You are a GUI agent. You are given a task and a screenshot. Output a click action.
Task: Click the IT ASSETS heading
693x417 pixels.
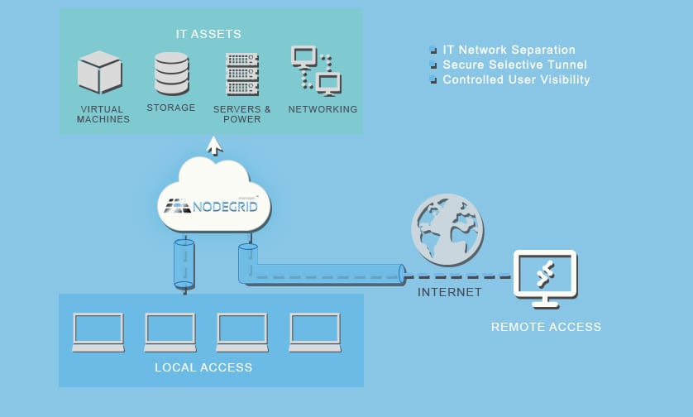click(208, 34)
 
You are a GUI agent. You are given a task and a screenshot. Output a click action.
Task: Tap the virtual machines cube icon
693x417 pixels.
click(100, 73)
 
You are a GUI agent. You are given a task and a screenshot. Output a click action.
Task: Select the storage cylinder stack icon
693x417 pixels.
click(171, 73)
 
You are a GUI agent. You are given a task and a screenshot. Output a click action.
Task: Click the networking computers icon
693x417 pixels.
click(317, 70)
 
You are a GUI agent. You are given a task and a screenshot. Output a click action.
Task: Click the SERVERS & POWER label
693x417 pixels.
click(242, 114)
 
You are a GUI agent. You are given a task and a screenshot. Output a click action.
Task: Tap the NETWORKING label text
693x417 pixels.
click(323, 109)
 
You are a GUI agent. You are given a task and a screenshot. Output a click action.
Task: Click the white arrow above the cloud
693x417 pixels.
click(214, 146)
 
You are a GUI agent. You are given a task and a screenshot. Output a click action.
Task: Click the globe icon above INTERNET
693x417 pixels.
click(447, 229)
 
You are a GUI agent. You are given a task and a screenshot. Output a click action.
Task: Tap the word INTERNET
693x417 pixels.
click(449, 292)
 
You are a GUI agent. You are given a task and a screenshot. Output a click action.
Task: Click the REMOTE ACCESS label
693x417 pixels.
click(546, 327)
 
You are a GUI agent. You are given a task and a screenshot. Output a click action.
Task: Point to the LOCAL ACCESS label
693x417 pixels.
click(203, 367)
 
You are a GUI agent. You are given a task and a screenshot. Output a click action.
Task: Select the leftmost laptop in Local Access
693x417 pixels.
click(98, 332)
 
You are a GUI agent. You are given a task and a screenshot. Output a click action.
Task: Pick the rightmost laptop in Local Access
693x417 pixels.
click(314, 332)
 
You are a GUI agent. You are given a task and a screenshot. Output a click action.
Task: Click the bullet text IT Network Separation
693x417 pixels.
click(509, 50)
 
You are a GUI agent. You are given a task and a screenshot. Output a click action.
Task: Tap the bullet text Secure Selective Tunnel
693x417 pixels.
click(514, 65)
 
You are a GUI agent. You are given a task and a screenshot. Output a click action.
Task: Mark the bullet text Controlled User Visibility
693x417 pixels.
click(516, 79)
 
